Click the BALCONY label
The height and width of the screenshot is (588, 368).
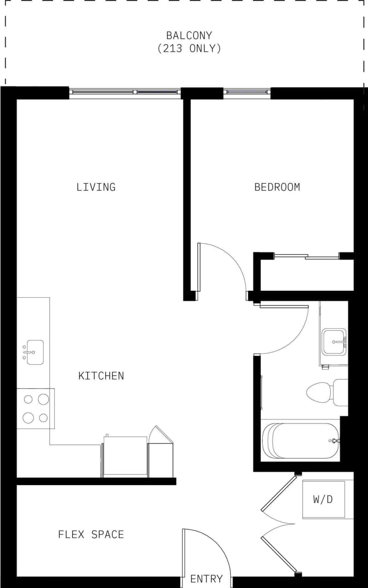(x=189, y=35)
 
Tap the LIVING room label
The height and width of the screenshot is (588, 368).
(x=96, y=187)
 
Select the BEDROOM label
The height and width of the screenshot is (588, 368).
(x=277, y=187)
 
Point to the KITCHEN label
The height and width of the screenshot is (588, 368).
(x=101, y=376)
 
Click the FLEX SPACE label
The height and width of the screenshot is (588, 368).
(x=91, y=534)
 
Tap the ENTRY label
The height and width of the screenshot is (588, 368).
(x=206, y=579)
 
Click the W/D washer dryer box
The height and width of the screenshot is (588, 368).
(x=323, y=499)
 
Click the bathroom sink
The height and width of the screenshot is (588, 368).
(x=334, y=342)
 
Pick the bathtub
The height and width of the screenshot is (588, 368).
(x=300, y=441)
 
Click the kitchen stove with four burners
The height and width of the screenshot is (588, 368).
(x=35, y=408)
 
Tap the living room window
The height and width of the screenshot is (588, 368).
(x=125, y=92)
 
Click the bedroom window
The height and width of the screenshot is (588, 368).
(x=247, y=92)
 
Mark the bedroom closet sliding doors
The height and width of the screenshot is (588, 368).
(x=306, y=256)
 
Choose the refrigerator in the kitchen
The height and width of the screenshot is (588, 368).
(x=125, y=457)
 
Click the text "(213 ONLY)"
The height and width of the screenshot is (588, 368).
(x=189, y=48)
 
